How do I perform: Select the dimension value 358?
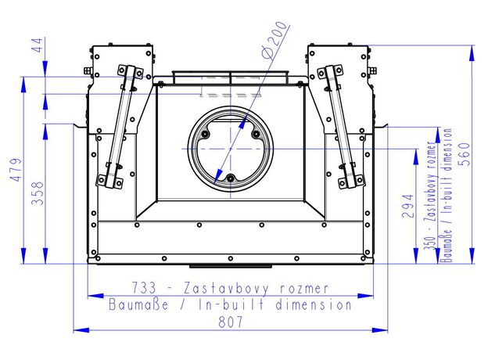tap(38, 193)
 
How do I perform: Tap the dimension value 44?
tap(38, 45)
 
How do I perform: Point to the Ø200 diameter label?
tap(274, 40)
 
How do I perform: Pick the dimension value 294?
tap(408, 206)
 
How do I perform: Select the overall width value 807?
tap(230, 322)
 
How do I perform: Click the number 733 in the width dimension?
tap(144, 288)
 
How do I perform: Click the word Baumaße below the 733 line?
tap(138, 304)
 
